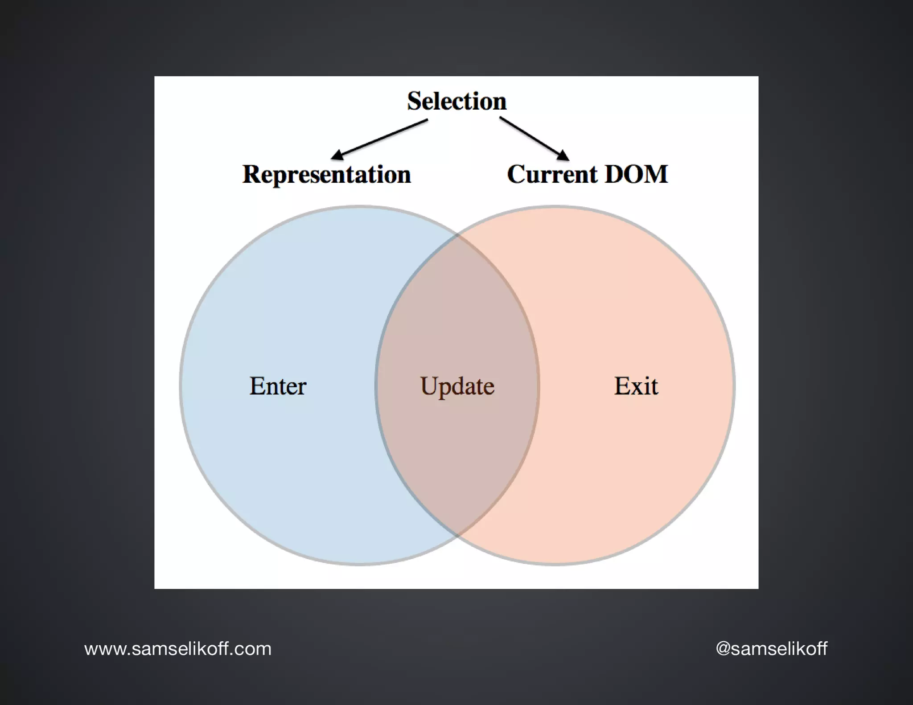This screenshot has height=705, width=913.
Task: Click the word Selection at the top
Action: [456, 101]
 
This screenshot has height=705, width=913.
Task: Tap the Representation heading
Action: [326, 174]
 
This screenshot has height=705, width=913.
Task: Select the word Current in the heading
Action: [552, 174]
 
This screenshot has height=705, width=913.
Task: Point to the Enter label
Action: [278, 386]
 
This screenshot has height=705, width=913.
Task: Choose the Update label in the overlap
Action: [457, 386]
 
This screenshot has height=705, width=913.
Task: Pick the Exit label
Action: [636, 386]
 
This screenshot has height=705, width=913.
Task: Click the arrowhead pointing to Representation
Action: [337, 155]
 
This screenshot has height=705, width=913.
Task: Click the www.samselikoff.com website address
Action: [178, 649]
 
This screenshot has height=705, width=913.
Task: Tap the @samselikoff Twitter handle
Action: [771, 648]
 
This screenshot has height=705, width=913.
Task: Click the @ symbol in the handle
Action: [723, 649]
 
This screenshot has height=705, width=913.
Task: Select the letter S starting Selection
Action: [415, 101]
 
